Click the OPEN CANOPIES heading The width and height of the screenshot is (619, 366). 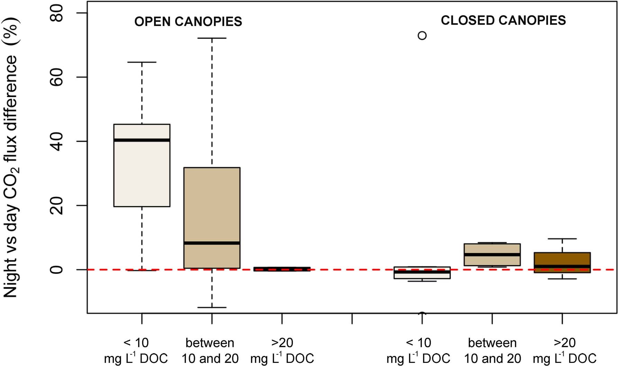[188, 21]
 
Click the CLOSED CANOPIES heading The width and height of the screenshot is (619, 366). [503, 20]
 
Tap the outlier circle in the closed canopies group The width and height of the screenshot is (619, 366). [422, 35]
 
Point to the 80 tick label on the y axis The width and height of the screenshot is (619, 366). [56, 13]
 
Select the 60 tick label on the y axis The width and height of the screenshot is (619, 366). [56, 77]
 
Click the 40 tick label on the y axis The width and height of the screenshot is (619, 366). [56, 141]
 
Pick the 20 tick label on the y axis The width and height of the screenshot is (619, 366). [56, 205]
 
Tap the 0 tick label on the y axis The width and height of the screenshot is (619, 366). [56, 269]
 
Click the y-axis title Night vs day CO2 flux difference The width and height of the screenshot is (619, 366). [11, 158]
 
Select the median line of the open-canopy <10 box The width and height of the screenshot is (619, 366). [142, 140]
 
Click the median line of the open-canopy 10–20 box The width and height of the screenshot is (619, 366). [212, 243]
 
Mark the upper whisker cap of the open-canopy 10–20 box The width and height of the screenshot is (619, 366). [212, 38]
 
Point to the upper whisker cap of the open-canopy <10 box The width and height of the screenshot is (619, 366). [142, 62]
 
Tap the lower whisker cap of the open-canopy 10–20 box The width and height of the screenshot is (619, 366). [212, 307]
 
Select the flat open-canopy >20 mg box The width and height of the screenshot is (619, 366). [282, 269]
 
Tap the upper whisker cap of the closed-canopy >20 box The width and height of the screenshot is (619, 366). [562, 239]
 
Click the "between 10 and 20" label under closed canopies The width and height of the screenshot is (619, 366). [492, 350]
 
